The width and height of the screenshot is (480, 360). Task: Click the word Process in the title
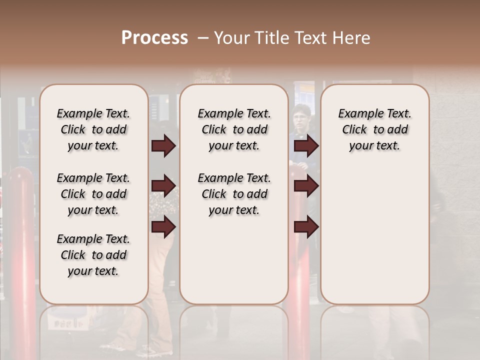pyautogui.click(x=154, y=38)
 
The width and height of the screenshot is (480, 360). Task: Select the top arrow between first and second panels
pyautogui.click(x=163, y=146)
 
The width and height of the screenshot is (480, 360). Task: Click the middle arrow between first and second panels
pyautogui.click(x=163, y=186)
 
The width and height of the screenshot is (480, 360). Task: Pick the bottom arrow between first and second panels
pyautogui.click(x=163, y=227)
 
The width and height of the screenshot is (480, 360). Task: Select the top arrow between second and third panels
pyautogui.click(x=306, y=146)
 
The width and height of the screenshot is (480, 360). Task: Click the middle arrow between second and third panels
pyautogui.click(x=306, y=186)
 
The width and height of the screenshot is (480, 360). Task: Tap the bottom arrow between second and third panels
pyautogui.click(x=306, y=227)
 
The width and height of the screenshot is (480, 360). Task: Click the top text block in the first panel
pyautogui.click(x=93, y=129)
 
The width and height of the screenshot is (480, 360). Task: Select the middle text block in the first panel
pyautogui.click(x=93, y=194)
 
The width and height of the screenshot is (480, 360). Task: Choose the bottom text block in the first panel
pyautogui.click(x=93, y=255)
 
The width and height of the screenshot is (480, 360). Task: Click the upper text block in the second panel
pyautogui.click(x=234, y=129)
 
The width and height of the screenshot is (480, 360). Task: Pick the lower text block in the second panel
pyautogui.click(x=234, y=194)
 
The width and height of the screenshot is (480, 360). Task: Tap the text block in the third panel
pyautogui.click(x=374, y=129)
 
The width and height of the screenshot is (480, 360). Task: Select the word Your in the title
pyautogui.click(x=229, y=38)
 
